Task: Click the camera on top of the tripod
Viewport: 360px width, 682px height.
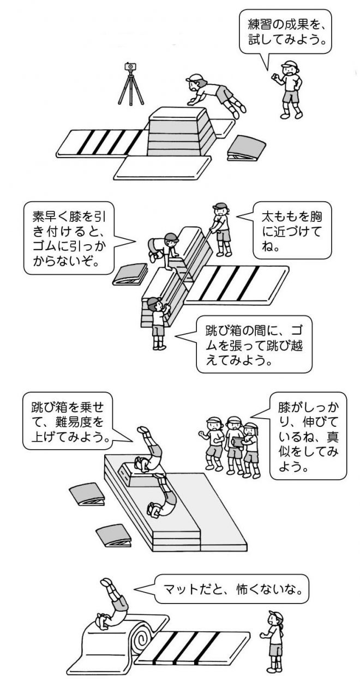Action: pyautogui.click(x=130, y=67)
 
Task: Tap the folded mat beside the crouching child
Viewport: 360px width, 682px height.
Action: pyautogui.click(x=129, y=274)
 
